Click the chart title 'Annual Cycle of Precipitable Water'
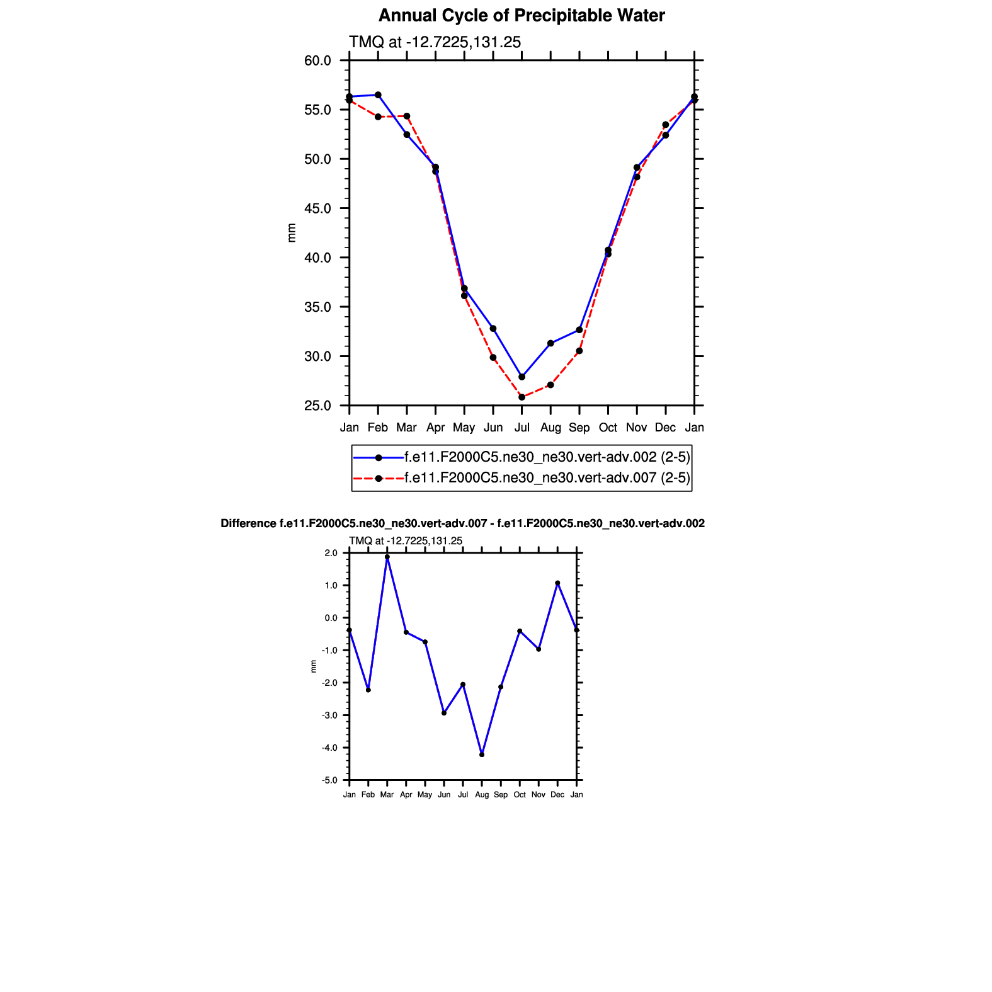pyautogui.click(x=522, y=16)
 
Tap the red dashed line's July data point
pyautogui.click(x=522, y=397)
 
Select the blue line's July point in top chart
pyautogui.click(x=522, y=377)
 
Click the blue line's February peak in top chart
pyautogui.click(x=378, y=95)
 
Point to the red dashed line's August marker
pyautogui.click(x=550, y=385)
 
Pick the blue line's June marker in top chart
pyautogui.click(x=493, y=329)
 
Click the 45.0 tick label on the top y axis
pyautogui.click(x=317, y=208)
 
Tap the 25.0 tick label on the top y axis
pyautogui.click(x=317, y=406)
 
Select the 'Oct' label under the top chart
pyautogui.click(x=608, y=428)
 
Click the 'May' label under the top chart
pyautogui.click(x=464, y=428)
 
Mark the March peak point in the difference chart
pyautogui.click(x=387, y=557)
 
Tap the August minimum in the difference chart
pyautogui.click(x=482, y=755)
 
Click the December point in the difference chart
pyautogui.click(x=557, y=583)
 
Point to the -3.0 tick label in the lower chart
pyautogui.click(x=330, y=715)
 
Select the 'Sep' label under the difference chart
pyautogui.click(x=501, y=795)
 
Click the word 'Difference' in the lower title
pyautogui.click(x=248, y=523)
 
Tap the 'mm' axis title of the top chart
pyautogui.click(x=292, y=233)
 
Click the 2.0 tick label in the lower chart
pyautogui.click(x=331, y=553)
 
